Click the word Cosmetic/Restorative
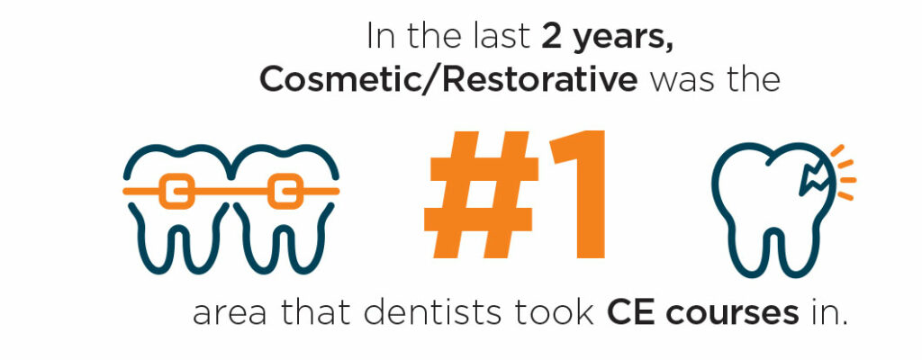tap(448, 80)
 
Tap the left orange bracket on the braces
tap(176, 191)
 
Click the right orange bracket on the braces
tap(285, 191)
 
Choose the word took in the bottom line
tap(557, 313)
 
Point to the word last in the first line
tap(507, 37)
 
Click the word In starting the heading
tap(378, 37)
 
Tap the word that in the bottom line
tap(314, 313)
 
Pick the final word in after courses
tap(826, 313)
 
